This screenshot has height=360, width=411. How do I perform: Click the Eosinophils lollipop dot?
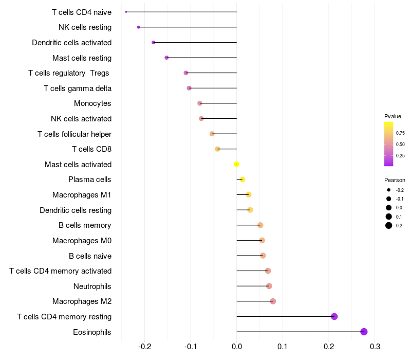[x=364, y=332]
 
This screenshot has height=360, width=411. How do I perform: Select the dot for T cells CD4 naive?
[x=126, y=12]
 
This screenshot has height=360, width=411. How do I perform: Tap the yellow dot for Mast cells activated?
[x=236, y=165]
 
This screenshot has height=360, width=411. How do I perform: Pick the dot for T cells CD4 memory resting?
[x=334, y=316]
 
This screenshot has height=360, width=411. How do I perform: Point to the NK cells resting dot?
[x=139, y=27]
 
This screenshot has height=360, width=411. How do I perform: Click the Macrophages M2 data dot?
[x=273, y=301]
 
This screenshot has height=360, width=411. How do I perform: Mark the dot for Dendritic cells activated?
[x=154, y=42]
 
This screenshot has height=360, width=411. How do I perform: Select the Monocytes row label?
[x=92, y=103]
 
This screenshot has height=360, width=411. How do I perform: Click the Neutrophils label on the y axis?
[x=92, y=286]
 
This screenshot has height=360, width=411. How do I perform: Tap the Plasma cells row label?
[x=90, y=179]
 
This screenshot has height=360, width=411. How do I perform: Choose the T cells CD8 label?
[x=91, y=149]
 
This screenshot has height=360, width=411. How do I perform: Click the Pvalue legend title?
[x=393, y=116]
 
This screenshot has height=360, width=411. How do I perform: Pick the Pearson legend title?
[x=395, y=181]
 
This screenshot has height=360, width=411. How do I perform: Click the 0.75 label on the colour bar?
[x=400, y=133]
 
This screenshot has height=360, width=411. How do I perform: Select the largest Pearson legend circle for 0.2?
[x=389, y=225]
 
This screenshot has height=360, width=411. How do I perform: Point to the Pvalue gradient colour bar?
[x=389, y=144]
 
